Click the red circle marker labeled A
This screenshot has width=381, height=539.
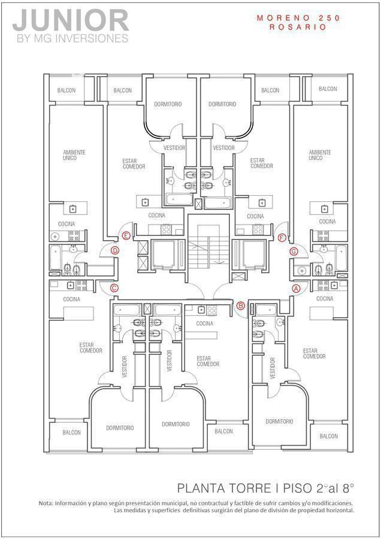pos(295,288)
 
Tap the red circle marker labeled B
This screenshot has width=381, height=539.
pos(241,306)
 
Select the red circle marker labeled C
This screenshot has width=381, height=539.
pos(114,288)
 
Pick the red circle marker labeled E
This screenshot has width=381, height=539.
pos(126,236)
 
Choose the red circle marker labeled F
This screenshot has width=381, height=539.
pos(282,237)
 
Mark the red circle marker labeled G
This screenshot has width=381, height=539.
pos(294,251)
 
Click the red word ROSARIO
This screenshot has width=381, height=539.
pos(298,27)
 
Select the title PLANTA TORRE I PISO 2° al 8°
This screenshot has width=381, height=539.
pos(266,487)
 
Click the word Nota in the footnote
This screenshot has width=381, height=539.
pos(46,503)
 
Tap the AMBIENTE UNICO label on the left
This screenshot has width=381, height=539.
pos(74,155)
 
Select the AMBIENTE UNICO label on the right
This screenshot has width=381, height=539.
pos(319,155)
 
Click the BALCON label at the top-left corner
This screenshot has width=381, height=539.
pos(66,90)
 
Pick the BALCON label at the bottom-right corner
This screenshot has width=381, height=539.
pos(328,437)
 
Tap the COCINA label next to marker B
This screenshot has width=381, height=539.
pos(204,323)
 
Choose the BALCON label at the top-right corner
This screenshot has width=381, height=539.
pos(328,89)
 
